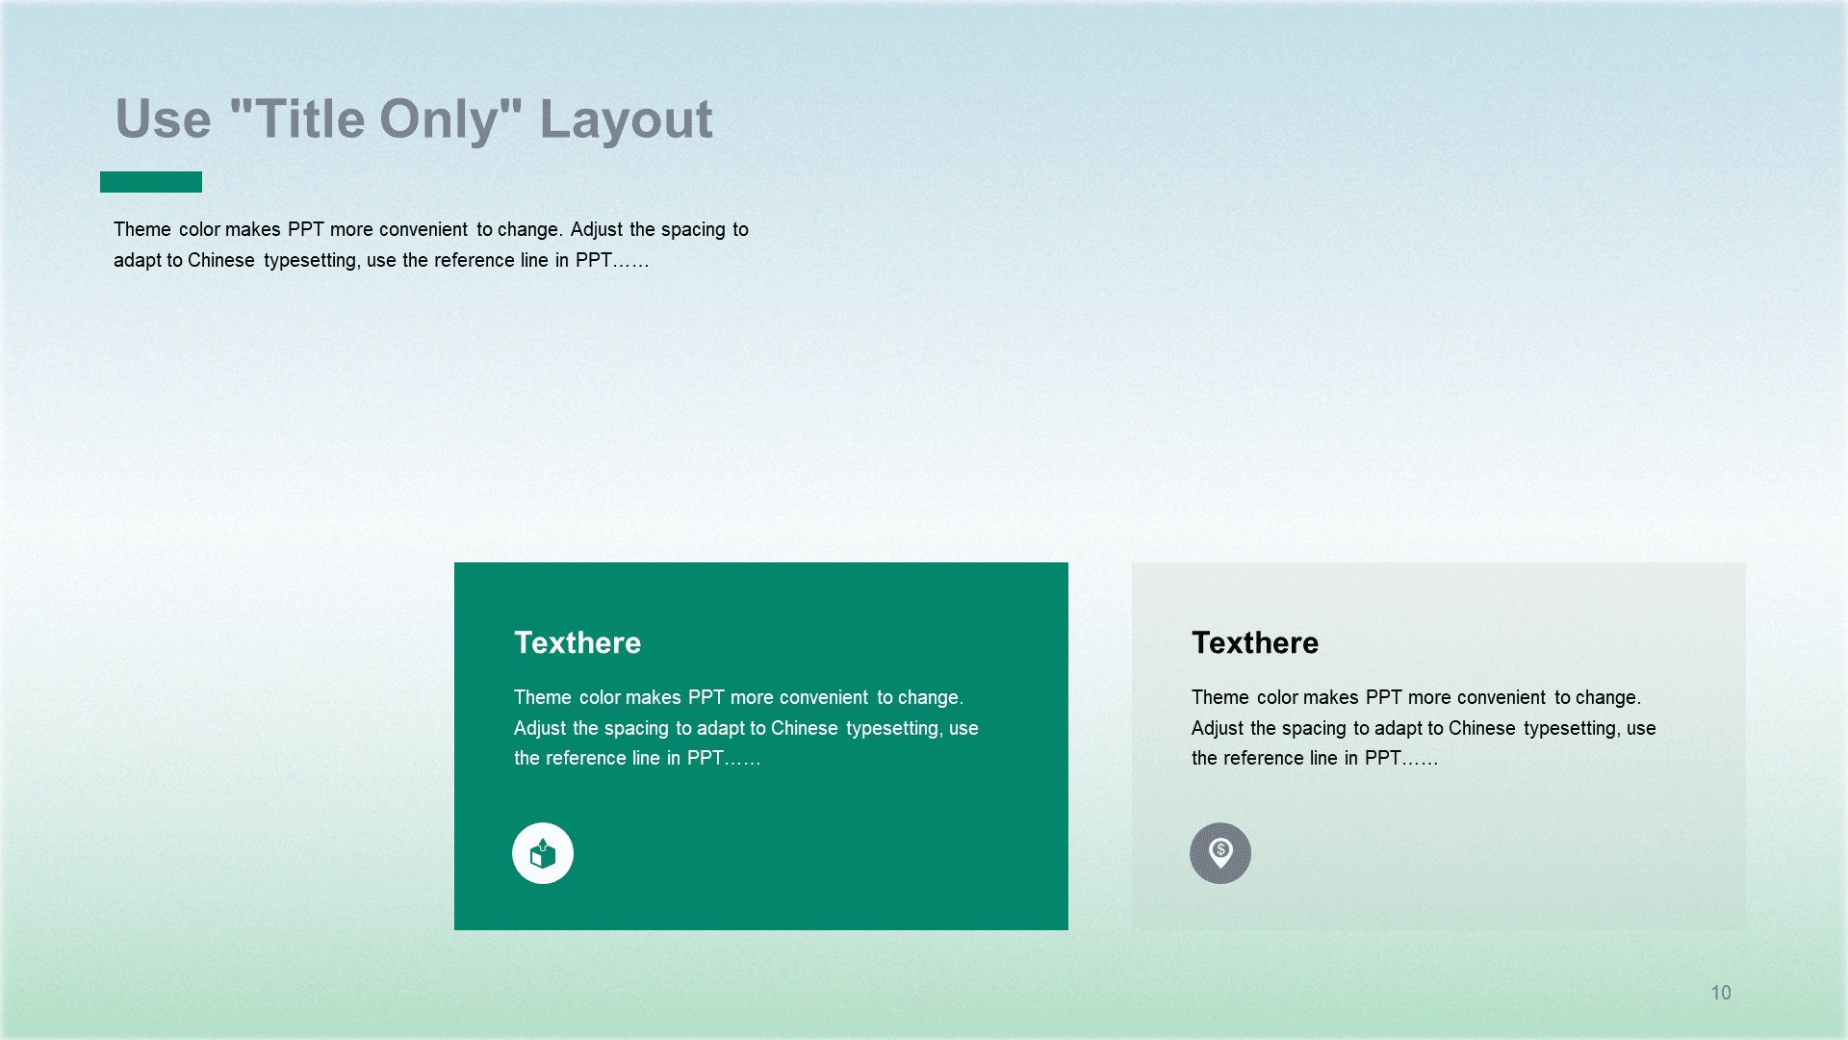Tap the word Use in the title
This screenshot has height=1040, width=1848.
pyautogui.click(x=163, y=119)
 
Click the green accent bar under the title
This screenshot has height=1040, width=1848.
pyautogui.click(x=151, y=182)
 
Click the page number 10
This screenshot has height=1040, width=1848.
pyautogui.click(x=1721, y=993)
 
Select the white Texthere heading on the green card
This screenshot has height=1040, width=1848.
pyautogui.click(x=577, y=642)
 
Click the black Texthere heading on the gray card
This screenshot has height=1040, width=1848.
pyautogui.click(x=1255, y=642)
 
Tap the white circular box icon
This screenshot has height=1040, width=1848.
pyautogui.click(x=543, y=853)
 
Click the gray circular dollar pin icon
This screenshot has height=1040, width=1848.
pyautogui.click(x=1220, y=853)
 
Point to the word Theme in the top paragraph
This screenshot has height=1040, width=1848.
pyautogui.click(x=142, y=229)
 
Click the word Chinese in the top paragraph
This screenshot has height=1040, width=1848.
pyautogui.click(x=221, y=260)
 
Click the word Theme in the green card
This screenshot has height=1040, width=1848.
pyautogui.click(x=543, y=697)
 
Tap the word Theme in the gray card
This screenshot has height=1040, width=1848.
pyautogui.click(x=1220, y=697)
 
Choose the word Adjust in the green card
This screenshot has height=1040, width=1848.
pyautogui.click(x=540, y=729)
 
